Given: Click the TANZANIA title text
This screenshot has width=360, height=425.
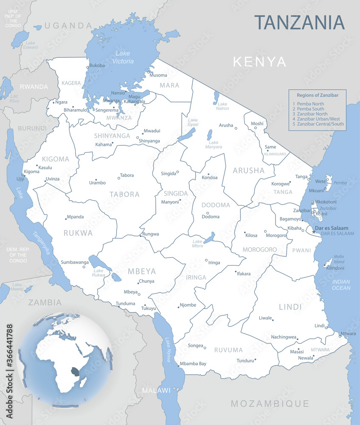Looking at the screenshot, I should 299,22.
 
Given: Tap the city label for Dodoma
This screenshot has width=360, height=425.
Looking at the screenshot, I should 211,217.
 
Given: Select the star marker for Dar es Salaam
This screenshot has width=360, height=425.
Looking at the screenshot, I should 314,232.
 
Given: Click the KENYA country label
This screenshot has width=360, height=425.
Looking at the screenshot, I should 260,62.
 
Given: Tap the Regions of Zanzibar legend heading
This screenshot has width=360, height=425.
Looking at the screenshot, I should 318,95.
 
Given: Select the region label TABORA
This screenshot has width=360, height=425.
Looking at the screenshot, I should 124,195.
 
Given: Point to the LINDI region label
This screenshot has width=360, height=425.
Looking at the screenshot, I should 290,307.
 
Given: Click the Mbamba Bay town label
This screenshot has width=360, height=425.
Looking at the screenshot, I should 193,364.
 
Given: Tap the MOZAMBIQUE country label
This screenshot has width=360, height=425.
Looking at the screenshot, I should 270,403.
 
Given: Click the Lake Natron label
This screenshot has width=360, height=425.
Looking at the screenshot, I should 222,106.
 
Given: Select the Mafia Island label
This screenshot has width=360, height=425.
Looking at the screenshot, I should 339,259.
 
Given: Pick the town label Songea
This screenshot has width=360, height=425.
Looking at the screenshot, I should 196,346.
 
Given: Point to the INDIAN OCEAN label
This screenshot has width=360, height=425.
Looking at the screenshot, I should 341,285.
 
